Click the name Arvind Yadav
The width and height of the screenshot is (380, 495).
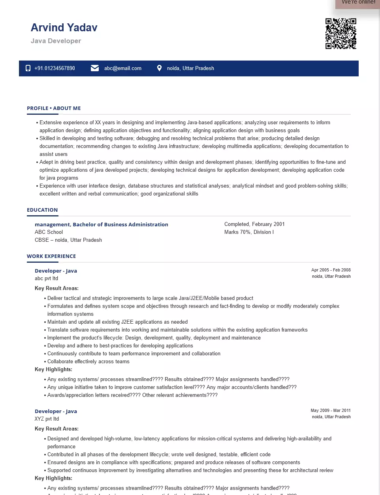pyautogui.click(x=64, y=28)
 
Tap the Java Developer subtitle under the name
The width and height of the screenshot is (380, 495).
pyautogui.click(x=56, y=41)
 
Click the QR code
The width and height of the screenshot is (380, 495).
pyautogui.click(x=340, y=34)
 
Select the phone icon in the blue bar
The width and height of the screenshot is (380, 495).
pyautogui.click(x=28, y=68)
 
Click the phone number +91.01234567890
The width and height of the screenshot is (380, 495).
pyautogui.click(x=55, y=68)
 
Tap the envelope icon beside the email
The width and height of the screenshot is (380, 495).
pyautogui.click(x=95, y=68)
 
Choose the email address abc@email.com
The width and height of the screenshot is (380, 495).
pyautogui.click(x=122, y=68)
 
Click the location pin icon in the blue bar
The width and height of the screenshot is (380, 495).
pyautogui.click(x=159, y=68)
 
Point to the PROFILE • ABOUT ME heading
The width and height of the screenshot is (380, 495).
pyautogui.click(x=54, y=108)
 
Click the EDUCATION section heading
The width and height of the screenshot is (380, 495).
pyautogui.click(x=42, y=210)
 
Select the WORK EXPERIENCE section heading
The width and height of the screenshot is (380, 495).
pyautogui.click(x=51, y=256)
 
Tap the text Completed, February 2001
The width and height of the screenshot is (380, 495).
pyautogui.click(x=254, y=224)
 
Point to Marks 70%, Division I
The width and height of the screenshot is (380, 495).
pyautogui.click(x=249, y=232)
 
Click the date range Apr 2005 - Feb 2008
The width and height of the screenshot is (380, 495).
pyautogui.click(x=331, y=270)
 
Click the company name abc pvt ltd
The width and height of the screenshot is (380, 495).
pyautogui.click(x=46, y=278)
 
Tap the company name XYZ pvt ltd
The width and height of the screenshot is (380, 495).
pyautogui.click(x=47, y=419)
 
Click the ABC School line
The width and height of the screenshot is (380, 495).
pyautogui.click(x=49, y=232)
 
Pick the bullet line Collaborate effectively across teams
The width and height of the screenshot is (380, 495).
pyautogui.click(x=88, y=361)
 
